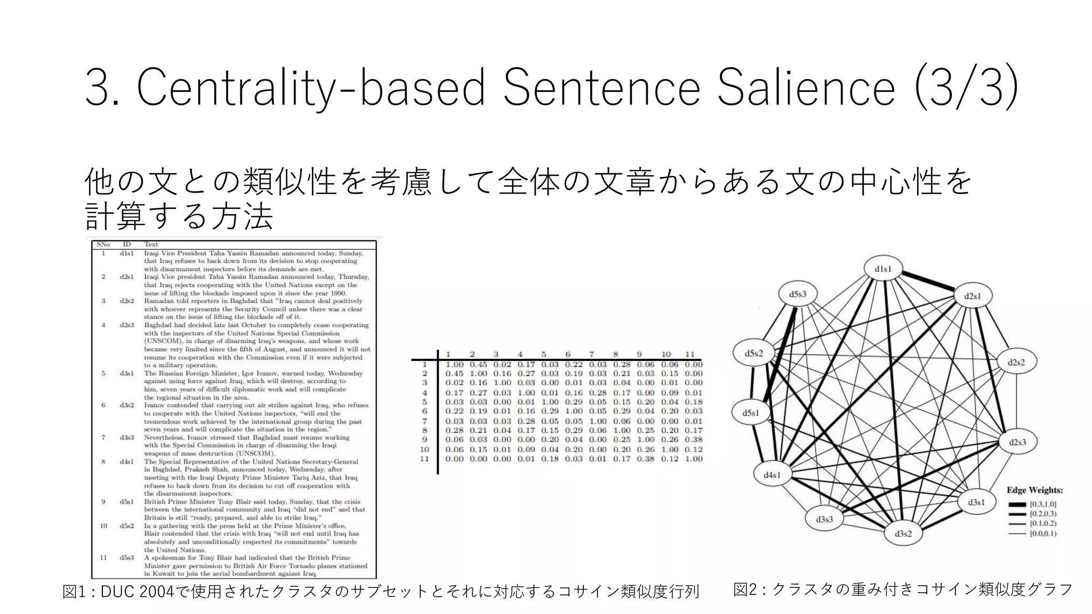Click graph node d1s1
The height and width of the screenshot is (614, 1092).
pos(882,269)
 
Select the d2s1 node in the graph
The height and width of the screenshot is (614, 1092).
pos(973,296)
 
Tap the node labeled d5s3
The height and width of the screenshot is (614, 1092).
pos(798,294)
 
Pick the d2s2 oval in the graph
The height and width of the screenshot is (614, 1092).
pos(1016,362)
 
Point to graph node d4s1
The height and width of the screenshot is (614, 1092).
pos(772,475)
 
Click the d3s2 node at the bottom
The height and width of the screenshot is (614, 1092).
pos(903,534)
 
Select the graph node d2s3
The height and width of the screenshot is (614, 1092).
pos(1017,442)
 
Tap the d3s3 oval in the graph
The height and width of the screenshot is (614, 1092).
pos(824,519)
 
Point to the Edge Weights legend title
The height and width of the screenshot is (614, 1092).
pos(1034,490)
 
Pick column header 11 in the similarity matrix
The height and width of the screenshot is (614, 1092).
pos(690,354)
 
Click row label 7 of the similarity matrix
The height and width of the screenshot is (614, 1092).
pos(425,421)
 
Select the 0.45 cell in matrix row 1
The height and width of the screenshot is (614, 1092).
pos(478,365)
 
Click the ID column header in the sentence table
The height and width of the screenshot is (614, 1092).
pos(127,245)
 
